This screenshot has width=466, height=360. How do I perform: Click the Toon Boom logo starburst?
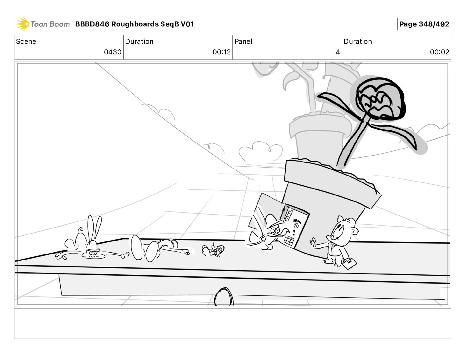tap(23, 24)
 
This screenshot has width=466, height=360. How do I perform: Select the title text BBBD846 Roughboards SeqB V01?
tap(134, 24)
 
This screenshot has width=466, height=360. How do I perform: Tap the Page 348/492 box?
tap(424, 24)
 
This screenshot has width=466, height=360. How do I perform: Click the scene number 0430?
tap(113, 52)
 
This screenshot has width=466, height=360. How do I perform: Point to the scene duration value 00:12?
tap(222, 52)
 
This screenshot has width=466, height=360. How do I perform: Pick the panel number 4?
tap(338, 52)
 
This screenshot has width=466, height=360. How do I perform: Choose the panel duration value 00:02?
tap(440, 52)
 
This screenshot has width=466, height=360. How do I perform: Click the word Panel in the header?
tap(243, 41)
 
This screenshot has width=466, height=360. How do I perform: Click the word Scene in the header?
tap(26, 41)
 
